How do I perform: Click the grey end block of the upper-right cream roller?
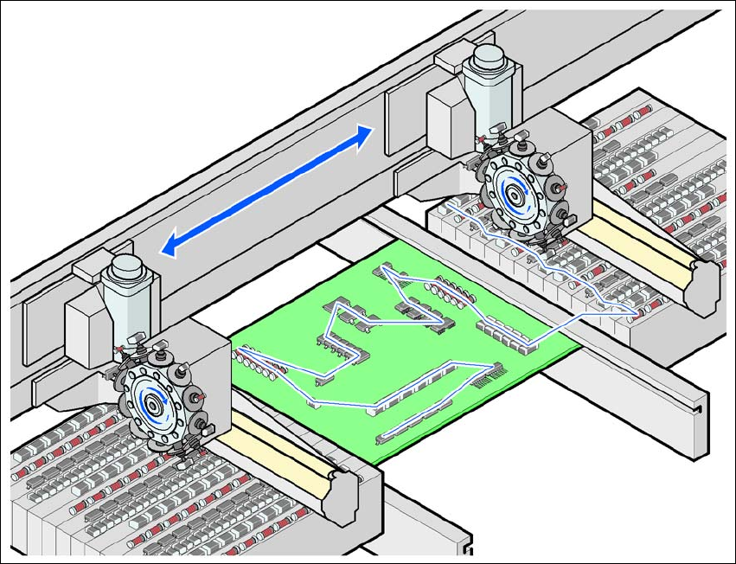pos(703,281)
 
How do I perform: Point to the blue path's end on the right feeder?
pos(639,311)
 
